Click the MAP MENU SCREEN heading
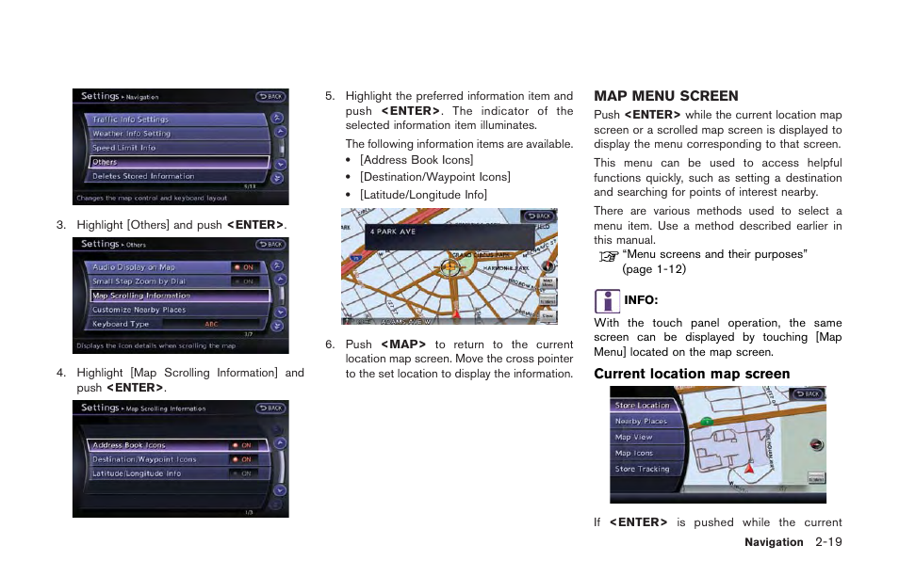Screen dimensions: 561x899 pyautogui.click(x=665, y=96)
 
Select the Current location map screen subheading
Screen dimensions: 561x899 pyautogui.click(x=692, y=374)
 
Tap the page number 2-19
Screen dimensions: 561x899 pyautogui.click(x=828, y=542)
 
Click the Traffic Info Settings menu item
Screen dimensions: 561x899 pyautogui.click(x=130, y=120)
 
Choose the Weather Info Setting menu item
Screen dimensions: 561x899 pyautogui.click(x=131, y=134)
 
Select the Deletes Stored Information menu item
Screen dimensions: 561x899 pyautogui.click(x=142, y=176)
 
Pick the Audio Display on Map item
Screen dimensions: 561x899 pyautogui.click(x=133, y=267)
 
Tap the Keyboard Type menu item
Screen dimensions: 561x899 pyautogui.click(x=121, y=324)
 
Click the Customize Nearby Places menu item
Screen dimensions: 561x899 pyautogui.click(x=139, y=310)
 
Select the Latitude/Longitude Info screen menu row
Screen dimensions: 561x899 pyautogui.click(x=137, y=473)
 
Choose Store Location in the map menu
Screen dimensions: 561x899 pyautogui.click(x=642, y=406)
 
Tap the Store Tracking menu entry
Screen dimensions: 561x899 pyautogui.click(x=642, y=469)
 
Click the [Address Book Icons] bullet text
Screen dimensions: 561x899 pyautogui.click(x=417, y=160)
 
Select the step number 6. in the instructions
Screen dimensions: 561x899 pyautogui.click(x=330, y=345)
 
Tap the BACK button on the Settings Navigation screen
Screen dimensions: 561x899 pyautogui.click(x=270, y=96)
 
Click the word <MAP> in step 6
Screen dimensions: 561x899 pyautogui.click(x=403, y=345)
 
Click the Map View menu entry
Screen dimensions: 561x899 pyautogui.click(x=633, y=437)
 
